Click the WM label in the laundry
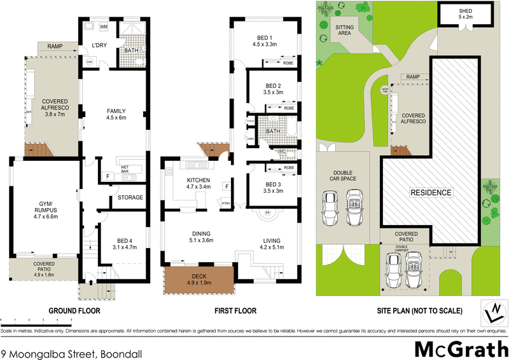coord(103,27)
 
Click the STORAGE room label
coord(130,197)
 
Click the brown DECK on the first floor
coord(199,279)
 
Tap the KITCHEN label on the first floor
coord(197,184)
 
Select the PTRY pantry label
coord(225,203)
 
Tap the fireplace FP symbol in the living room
coord(268,212)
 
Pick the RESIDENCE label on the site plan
coord(430,192)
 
